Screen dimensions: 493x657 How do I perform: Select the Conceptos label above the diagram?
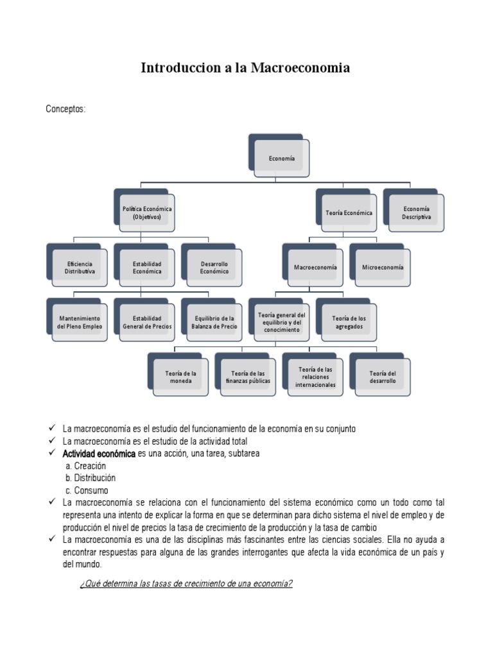(x=65, y=109)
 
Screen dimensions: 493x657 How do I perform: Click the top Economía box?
(x=282, y=158)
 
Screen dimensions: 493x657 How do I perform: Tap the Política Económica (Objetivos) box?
(x=147, y=213)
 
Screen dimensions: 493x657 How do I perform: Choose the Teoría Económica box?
(x=349, y=213)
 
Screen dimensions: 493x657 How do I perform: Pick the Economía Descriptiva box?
(x=416, y=213)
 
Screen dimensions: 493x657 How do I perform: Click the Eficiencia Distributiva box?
(x=80, y=268)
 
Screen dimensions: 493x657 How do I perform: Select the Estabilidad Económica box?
(x=147, y=268)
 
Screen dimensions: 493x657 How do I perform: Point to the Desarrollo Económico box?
(x=214, y=268)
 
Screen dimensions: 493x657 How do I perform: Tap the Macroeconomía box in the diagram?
(x=315, y=268)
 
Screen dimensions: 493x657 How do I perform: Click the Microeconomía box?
(x=383, y=268)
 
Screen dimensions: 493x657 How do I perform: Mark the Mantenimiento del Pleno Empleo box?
(x=80, y=322)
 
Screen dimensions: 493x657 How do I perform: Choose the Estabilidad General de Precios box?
(x=147, y=322)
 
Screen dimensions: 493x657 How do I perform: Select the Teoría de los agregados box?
(x=349, y=322)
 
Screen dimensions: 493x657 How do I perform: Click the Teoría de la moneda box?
(x=180, y=377)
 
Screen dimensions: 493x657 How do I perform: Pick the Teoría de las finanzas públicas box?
(x=248, y=377)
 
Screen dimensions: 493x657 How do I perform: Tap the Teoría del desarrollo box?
(x=383, y=377)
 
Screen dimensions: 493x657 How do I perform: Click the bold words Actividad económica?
(x=99, y=454)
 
